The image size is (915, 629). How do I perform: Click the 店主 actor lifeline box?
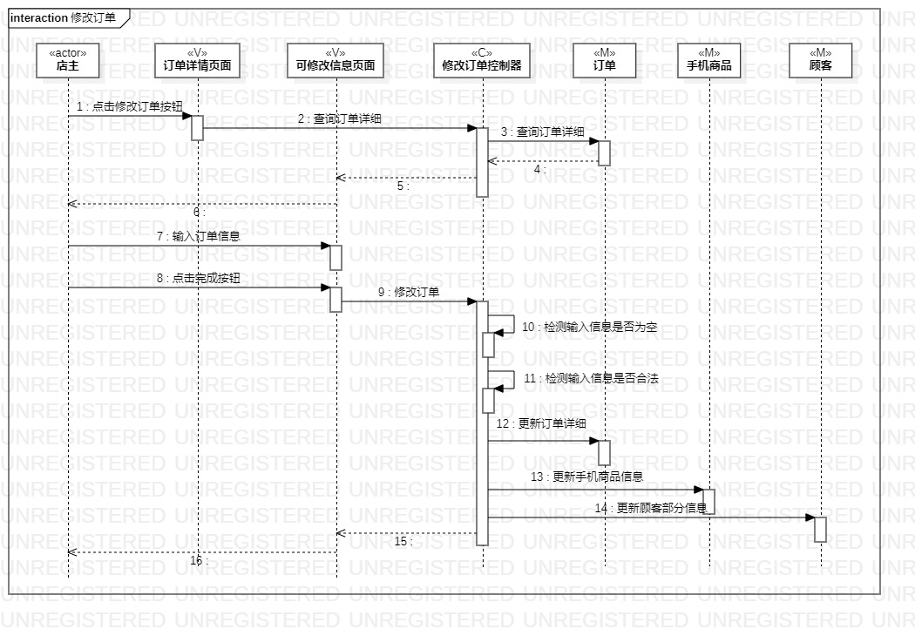(68, 60)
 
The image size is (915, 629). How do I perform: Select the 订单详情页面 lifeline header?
(197, 60)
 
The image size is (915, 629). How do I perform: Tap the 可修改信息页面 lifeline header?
(335, 60)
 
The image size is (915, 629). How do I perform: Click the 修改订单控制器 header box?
(482, 60)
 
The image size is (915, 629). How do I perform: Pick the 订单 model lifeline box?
(604, 60)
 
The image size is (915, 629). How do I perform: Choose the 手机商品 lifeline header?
(708, 60)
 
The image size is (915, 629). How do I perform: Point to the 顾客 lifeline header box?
(820, 60)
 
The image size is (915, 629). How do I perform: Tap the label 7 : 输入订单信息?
(198, 236)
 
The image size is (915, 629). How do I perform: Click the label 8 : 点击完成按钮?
(198, 279)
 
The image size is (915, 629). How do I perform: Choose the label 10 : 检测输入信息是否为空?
(590, 328)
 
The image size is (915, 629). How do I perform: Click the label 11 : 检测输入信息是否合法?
(590, 379)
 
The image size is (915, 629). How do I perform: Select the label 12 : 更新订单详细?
(541, 424)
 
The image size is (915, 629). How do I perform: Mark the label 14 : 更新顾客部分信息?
(651, 508)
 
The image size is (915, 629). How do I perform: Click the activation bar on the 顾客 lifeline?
(820, 529)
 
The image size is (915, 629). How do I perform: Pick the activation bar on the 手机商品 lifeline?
(708, 501)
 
